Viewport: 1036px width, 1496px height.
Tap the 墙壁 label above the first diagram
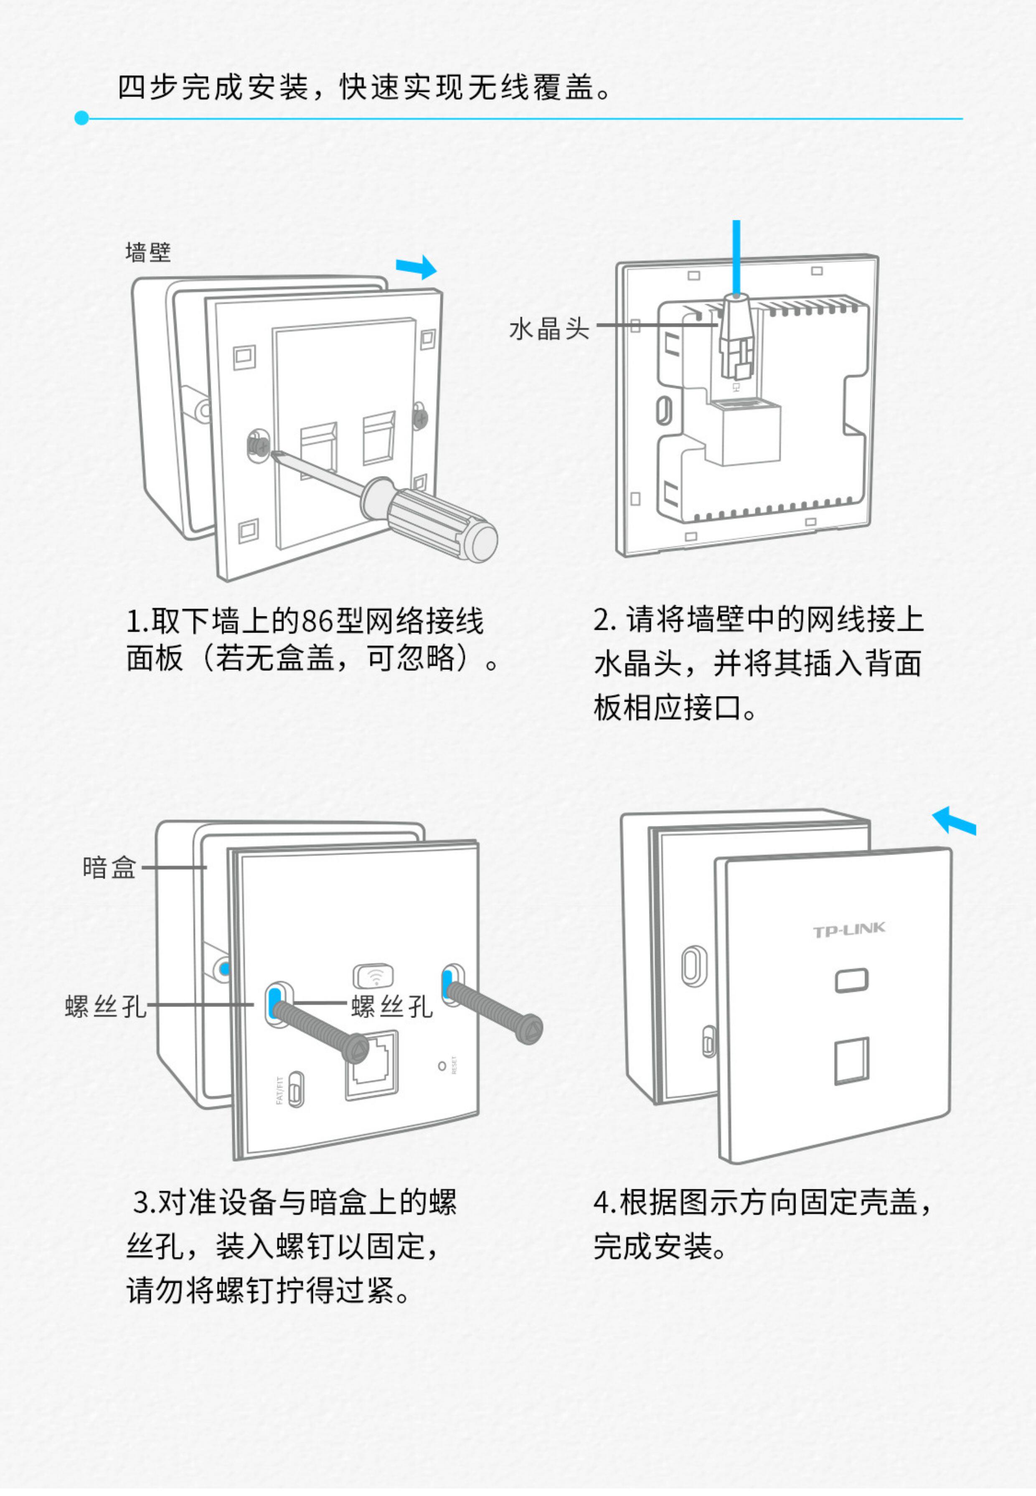(x=148, y=252)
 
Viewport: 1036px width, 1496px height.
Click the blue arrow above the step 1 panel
(x=417, y=266)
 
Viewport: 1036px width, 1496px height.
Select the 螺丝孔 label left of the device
(x=106, y=1006)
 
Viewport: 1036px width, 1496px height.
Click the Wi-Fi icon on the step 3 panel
(x=373, y=974)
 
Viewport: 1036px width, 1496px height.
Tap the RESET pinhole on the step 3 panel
(x=442, y=1066)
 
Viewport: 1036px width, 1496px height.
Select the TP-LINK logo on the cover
(x=849, y=931)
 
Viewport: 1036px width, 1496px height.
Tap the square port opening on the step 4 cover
(x=851, y=1060)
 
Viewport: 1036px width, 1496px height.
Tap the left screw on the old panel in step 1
(x=258, y=445)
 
